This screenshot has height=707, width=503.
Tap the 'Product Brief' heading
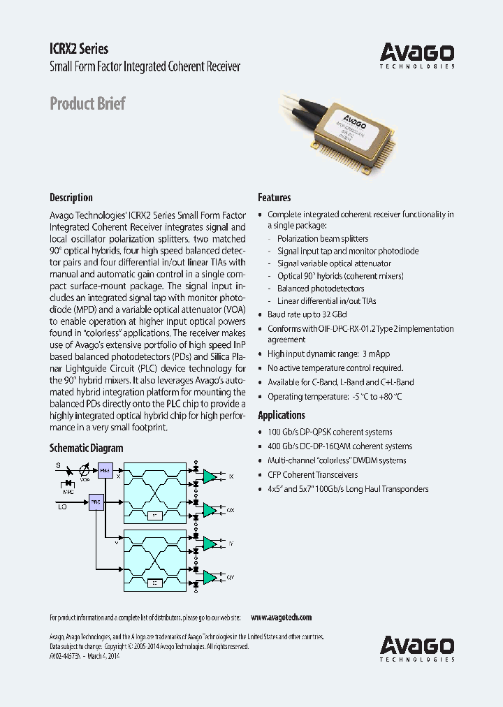tap(87, 103)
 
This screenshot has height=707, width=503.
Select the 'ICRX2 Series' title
tap(79, 49)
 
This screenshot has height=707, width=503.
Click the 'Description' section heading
tap(71, 198)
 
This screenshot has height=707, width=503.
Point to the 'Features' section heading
tap(275, 198)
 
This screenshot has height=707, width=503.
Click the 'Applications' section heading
tap(282, 415)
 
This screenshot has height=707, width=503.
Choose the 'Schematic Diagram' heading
tap(86, 449)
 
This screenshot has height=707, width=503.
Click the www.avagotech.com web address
tap(281, 618)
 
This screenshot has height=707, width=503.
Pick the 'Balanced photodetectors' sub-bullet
tap(321, 288)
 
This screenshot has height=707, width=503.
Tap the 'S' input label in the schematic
tap(58, 465)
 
